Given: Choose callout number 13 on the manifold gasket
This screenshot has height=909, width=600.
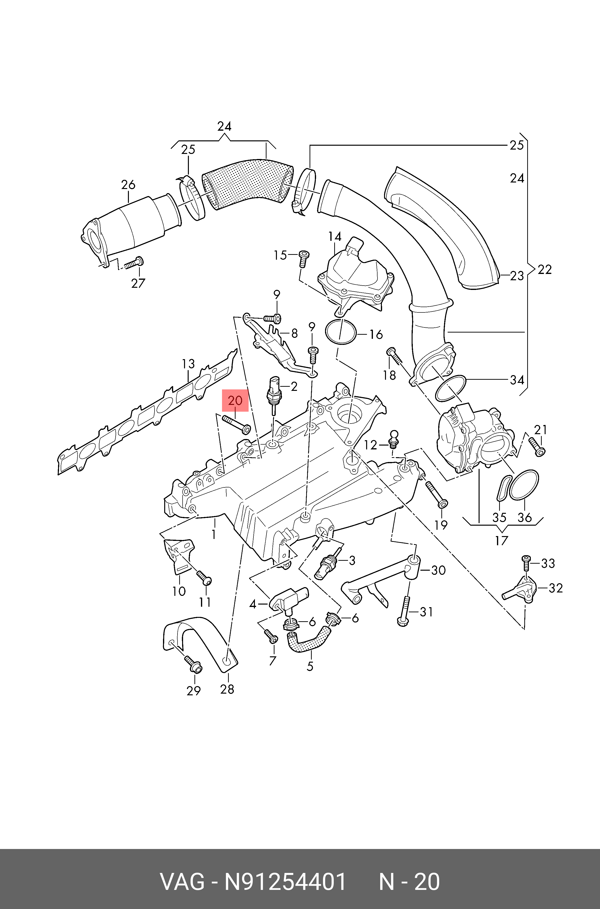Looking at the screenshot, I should click(x=188, y=364).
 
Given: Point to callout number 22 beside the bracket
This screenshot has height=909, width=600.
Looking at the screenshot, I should click(x=545, y=270).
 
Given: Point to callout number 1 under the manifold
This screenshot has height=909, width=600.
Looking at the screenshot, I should click(x=214, y=534).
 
